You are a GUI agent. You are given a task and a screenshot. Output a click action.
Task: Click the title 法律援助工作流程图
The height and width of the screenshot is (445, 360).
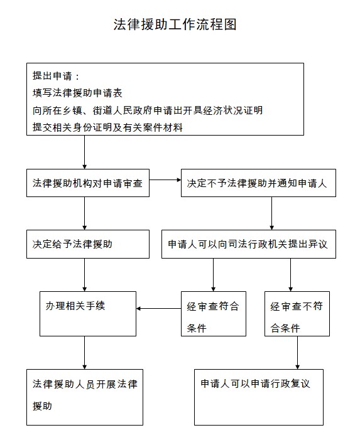(175, 24)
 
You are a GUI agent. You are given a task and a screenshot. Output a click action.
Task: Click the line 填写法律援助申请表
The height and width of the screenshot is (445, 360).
(77, 93)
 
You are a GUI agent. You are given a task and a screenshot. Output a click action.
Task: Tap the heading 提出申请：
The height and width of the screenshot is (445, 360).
(56, 76)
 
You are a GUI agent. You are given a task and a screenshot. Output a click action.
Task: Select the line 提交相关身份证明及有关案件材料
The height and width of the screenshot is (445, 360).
(107, 127)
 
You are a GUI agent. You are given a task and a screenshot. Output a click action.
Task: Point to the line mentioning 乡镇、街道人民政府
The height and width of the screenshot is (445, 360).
(148, 110)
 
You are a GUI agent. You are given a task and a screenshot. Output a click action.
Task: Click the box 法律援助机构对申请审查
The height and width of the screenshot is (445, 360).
(88, 183)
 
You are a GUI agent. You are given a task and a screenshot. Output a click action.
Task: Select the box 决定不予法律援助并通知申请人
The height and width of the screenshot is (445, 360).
(258, 183)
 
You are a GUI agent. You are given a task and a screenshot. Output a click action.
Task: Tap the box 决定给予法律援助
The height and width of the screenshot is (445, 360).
(88, 244)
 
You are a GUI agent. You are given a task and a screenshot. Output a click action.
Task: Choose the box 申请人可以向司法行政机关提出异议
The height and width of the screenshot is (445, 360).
(249, 244)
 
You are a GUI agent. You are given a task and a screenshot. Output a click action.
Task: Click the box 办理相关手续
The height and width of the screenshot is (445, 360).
(88, 314)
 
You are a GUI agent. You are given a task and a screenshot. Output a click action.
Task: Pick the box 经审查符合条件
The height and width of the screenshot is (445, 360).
(214, 314)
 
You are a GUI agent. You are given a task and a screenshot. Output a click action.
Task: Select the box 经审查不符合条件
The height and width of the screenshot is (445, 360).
(297, 314)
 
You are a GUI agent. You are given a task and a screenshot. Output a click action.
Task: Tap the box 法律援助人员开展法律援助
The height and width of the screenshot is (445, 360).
(85, 397)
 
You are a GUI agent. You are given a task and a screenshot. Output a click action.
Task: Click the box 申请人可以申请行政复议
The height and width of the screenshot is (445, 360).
(259, 397)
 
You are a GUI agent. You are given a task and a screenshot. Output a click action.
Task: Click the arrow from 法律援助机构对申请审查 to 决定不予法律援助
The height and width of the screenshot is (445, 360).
(165, 180)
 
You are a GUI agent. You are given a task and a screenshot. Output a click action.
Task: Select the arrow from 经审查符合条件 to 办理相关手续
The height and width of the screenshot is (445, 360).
(158, 309)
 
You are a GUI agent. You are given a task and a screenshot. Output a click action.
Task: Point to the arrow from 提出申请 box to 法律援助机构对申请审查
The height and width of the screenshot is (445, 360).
(84, 152)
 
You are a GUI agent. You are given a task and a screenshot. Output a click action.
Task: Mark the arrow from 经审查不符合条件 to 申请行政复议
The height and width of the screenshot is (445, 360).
(298, 353)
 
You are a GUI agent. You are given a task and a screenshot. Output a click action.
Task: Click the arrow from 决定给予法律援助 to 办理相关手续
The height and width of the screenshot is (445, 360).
(84, 275)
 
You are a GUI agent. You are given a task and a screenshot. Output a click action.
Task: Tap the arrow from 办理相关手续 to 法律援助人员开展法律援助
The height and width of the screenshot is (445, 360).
(84, 353)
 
